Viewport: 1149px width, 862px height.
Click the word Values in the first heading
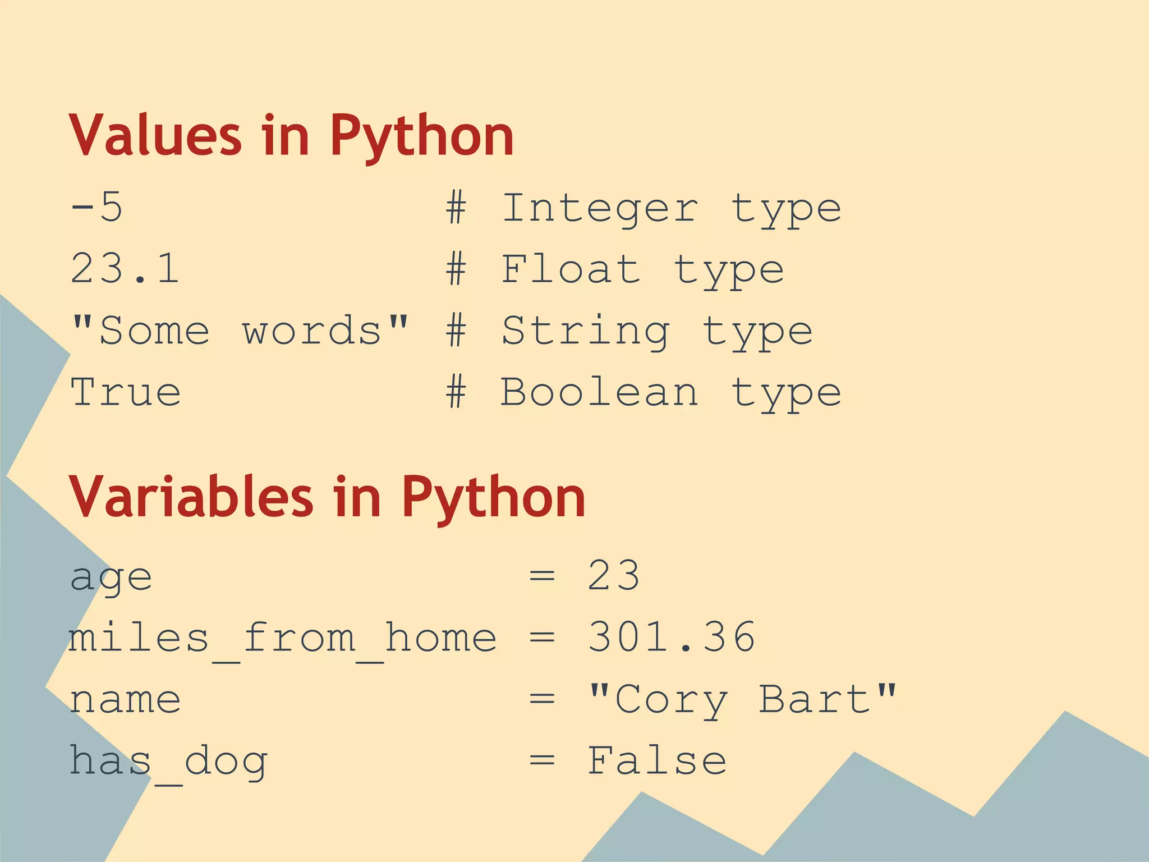155,135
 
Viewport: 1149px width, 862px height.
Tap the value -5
96,207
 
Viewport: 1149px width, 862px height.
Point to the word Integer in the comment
600,208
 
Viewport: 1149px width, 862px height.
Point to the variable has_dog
168,762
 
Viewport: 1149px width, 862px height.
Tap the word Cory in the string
672,700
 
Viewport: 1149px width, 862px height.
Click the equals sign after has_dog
542,761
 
